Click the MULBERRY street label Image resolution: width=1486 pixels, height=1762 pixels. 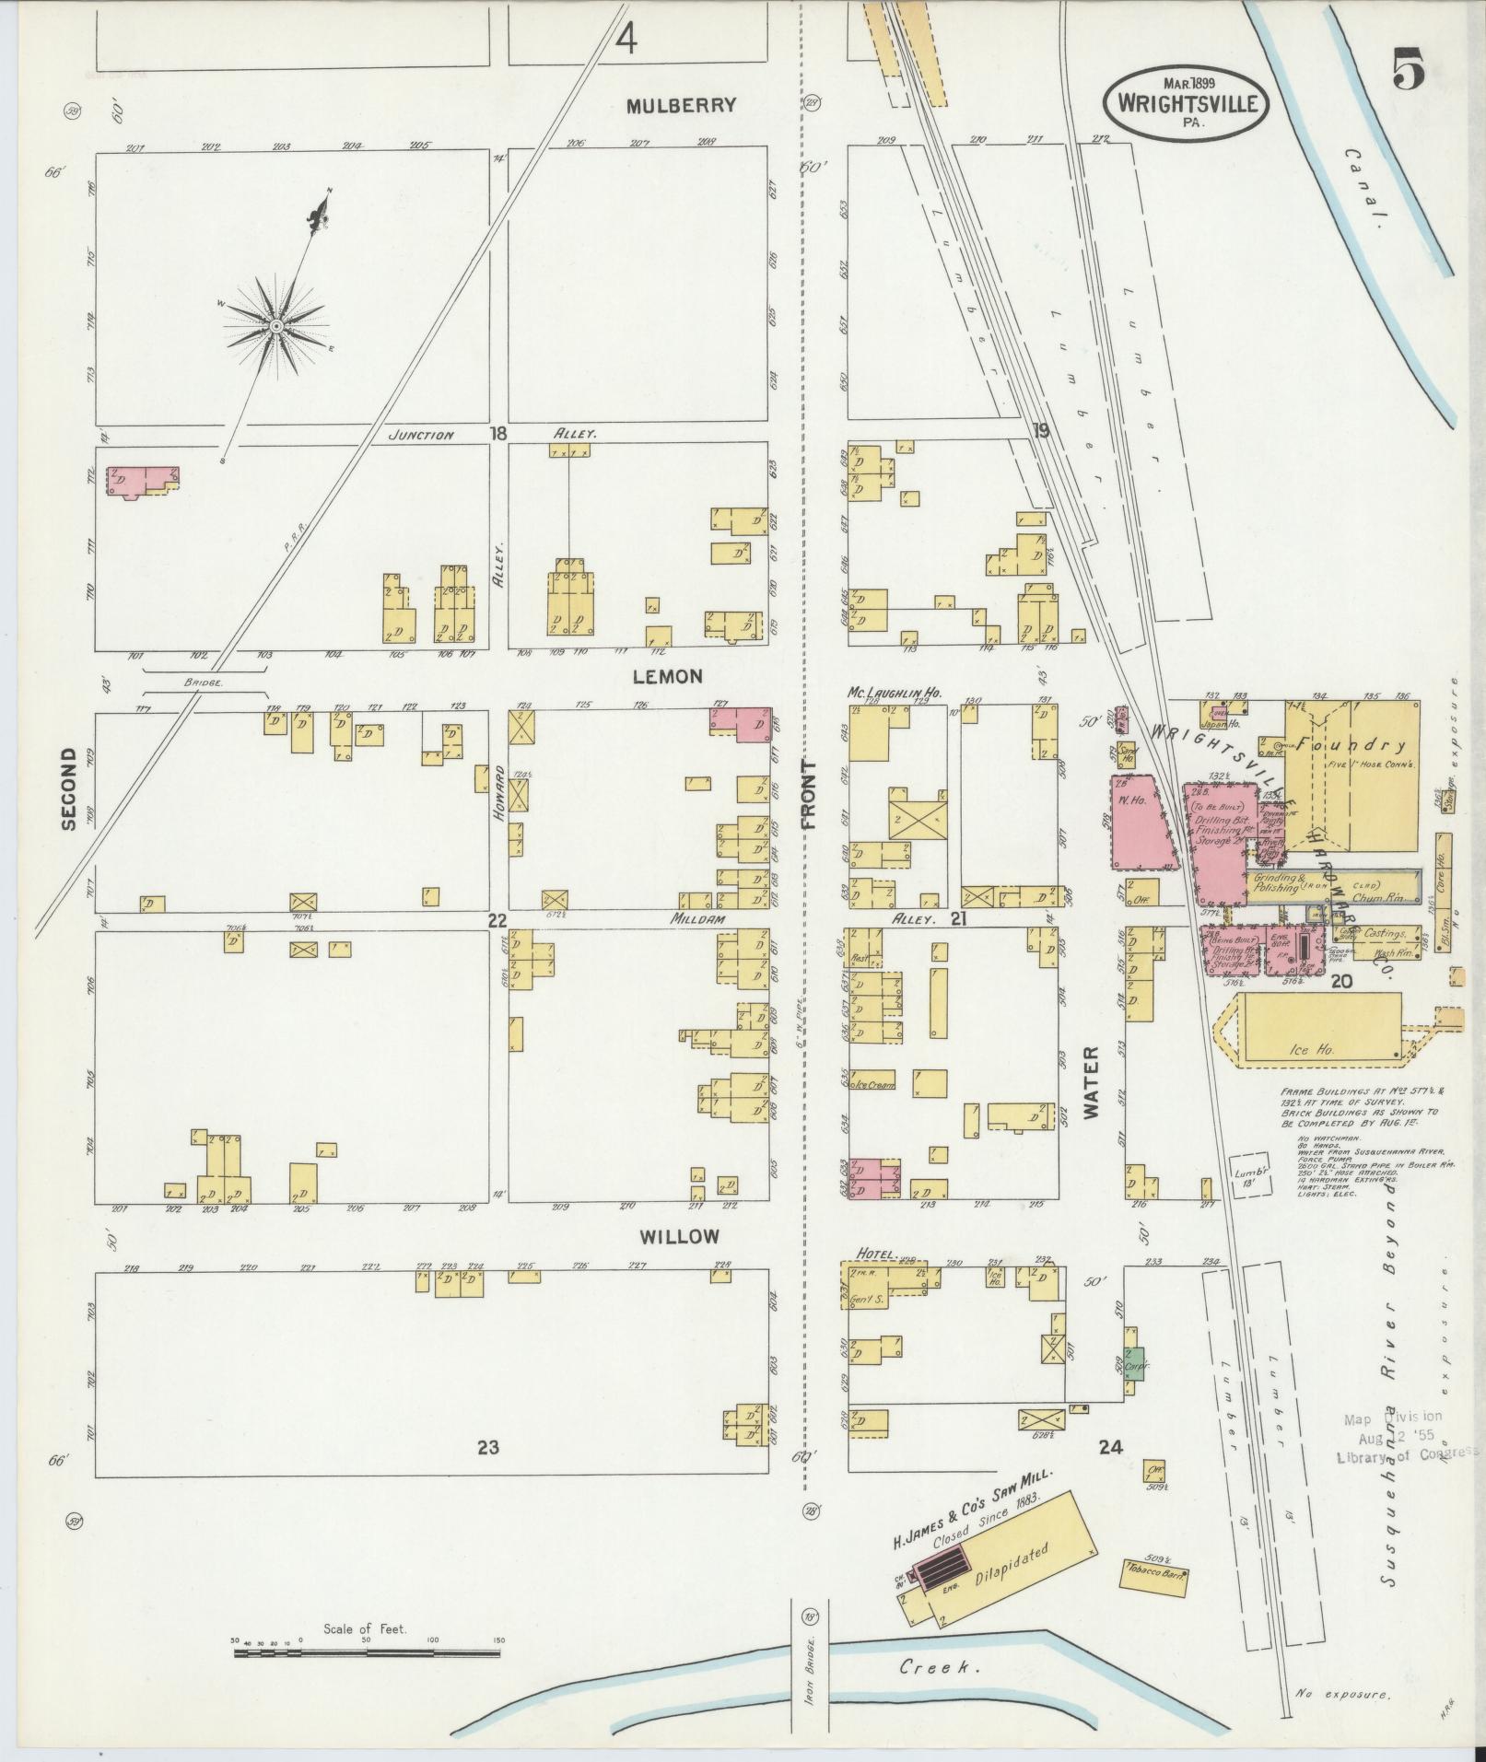[681, 105]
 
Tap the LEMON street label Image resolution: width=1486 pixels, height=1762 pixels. [668, 676]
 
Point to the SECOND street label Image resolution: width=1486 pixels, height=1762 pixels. [68, 789]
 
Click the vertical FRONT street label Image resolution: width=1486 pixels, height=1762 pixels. [810, 795]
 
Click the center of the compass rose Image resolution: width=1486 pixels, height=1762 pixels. [275, 327]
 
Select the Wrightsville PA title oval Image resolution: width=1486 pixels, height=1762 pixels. [1186, 100]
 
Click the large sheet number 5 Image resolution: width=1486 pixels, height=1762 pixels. [1409, 67]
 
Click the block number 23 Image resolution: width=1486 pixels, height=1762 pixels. [488, 1447]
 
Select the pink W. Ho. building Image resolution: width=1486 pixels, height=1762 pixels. [1141, 825]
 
